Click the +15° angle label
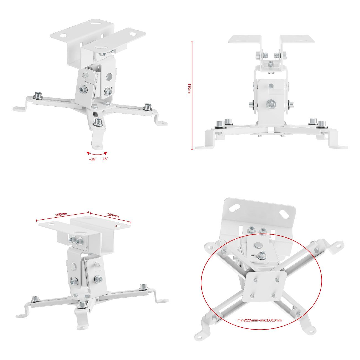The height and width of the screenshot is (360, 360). [92, 159]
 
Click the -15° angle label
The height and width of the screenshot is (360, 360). [105, 159]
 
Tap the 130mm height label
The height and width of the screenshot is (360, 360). [189, 89]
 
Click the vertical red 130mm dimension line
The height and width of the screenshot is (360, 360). [192, 96]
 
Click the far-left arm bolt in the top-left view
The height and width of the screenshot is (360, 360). [38, 95]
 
